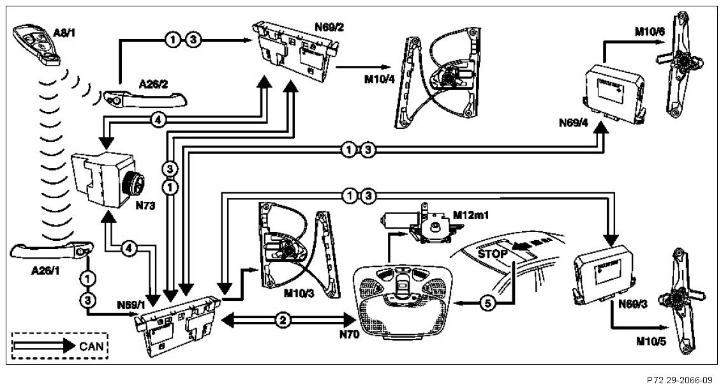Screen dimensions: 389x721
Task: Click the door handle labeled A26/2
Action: [x=147, y=100]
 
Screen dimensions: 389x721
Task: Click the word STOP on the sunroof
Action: [x=492, y=254]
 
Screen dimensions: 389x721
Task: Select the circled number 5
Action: [x=487, y=305]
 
